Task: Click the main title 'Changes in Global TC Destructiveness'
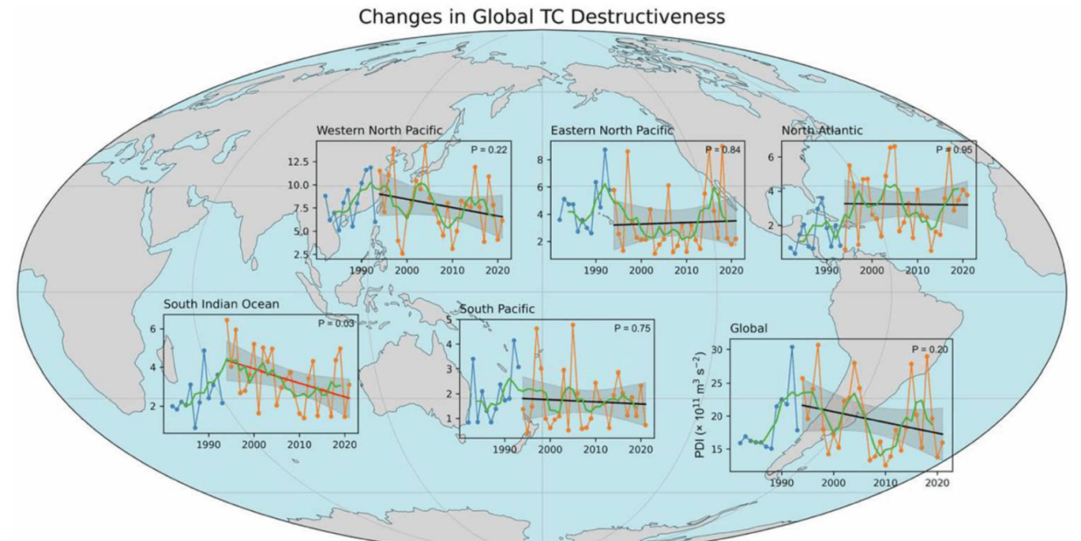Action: pyautogui.click(x=542, y=16)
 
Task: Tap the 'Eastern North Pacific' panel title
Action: pyautogui.click(x=612, y=131)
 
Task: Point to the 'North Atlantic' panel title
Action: pyautogui.click(x=822, y=131)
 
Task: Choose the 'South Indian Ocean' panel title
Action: pyautogui.click(x=221, y=304)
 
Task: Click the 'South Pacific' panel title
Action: pyautogui.click(x=497, y=309)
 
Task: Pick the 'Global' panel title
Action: pyautogui.click(x=749, y=328)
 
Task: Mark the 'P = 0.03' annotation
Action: pyautogui.click(x=336, y=323)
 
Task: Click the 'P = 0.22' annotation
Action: pyautogui.click(x=489, y=150)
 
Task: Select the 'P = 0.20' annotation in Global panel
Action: pyautogui.click(x=930, y=349)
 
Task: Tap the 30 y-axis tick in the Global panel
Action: pyautogui.click(x=717, y=349)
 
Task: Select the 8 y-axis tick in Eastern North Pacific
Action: pyautogui.click(x=541, y=159)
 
